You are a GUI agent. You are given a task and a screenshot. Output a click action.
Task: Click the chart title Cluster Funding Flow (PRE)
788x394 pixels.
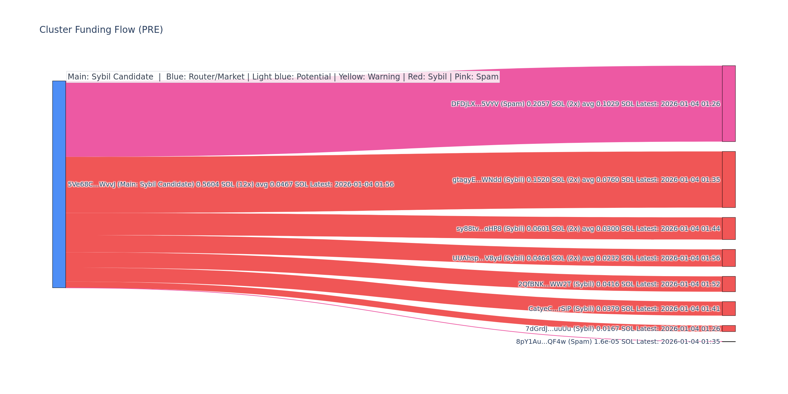101,30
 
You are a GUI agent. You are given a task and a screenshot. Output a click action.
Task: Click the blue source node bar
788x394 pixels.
59,184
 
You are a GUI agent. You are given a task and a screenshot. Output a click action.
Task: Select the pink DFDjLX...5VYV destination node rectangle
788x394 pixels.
729,104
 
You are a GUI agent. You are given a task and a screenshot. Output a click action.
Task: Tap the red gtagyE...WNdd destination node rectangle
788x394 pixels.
729,180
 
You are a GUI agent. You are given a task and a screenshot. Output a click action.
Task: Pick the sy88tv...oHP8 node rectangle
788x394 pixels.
729,229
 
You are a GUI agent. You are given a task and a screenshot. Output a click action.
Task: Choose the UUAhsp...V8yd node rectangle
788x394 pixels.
729,258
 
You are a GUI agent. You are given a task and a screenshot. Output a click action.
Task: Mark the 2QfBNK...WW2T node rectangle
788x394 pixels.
729,284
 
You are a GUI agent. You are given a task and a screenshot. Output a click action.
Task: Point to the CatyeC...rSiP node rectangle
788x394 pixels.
729,309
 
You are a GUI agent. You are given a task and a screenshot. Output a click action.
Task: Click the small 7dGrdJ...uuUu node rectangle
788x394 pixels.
729,329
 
